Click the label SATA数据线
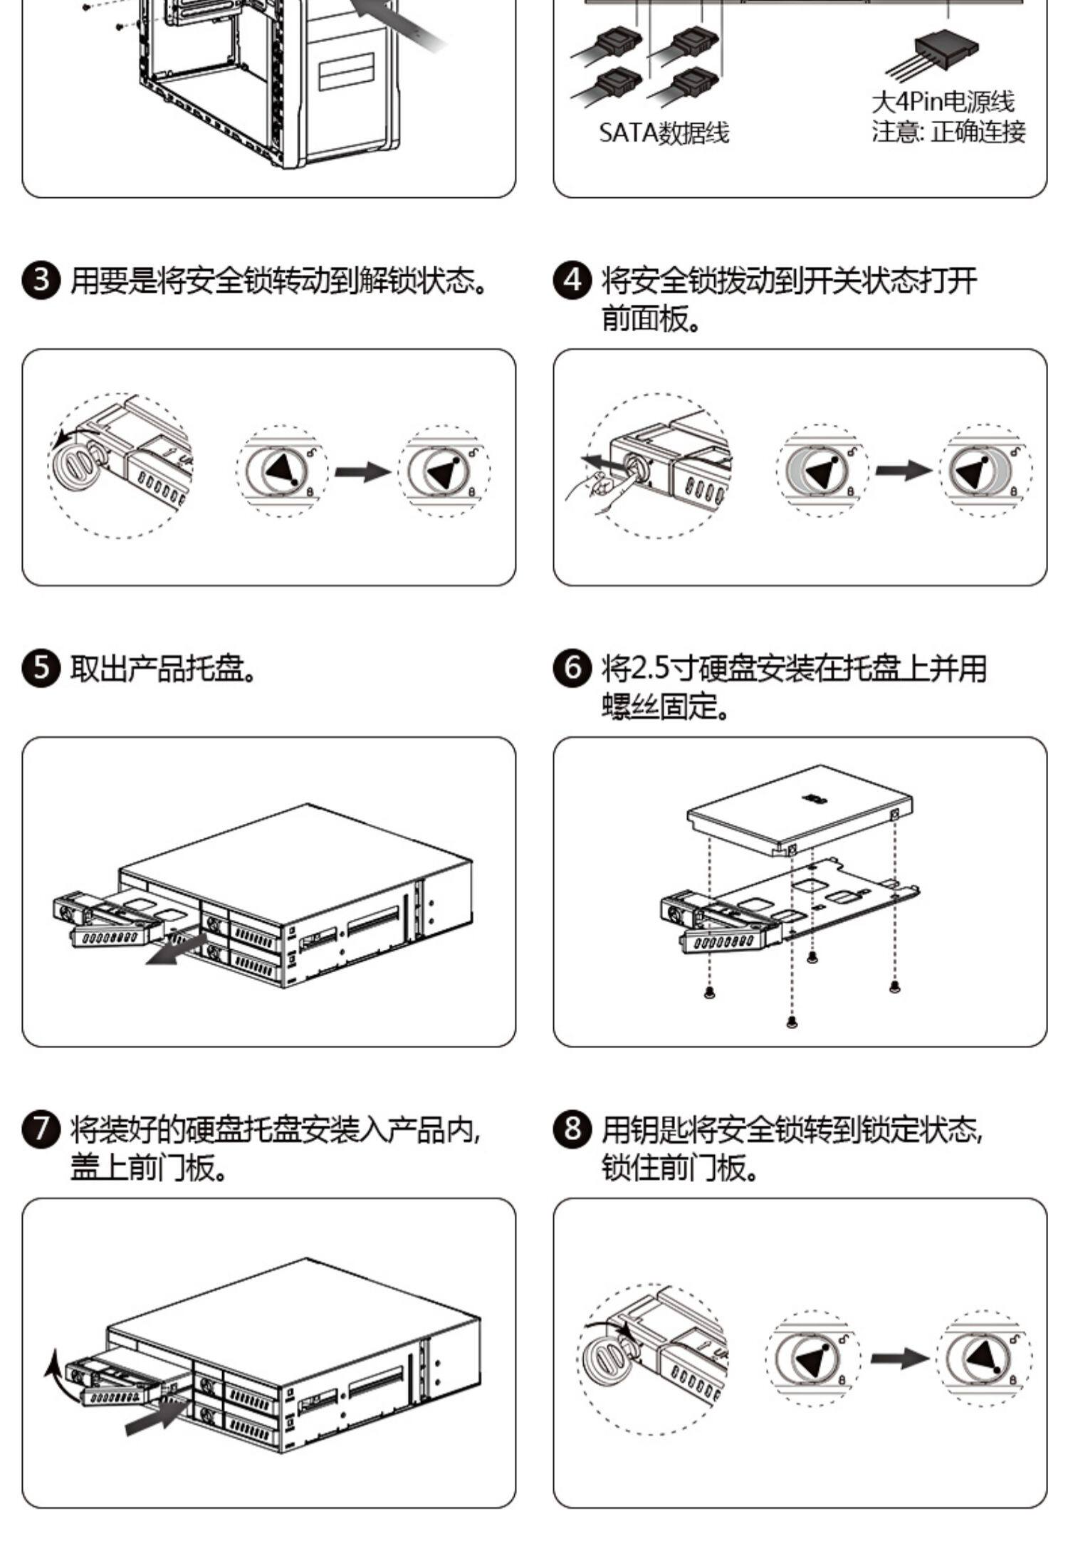click(664, 132)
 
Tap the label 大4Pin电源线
click(943, 102)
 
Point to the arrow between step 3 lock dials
click(362, 471)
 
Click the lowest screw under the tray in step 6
click(792, 1023)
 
